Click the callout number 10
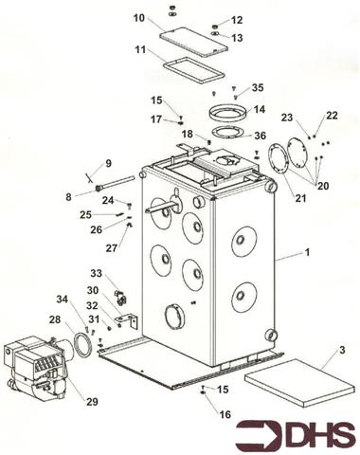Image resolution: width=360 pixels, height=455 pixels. click(139, 18)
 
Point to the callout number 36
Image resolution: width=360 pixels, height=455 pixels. click(260, 136)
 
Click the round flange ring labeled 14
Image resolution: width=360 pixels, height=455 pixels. click(225, 112)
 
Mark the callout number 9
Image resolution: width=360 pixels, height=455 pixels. click(108, 163)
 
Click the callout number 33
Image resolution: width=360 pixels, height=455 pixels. click(96, 273)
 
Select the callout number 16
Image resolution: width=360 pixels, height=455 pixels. click(224, 414)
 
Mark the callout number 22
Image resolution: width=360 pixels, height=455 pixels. click(332, 115)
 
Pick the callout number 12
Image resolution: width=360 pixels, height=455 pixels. click(237, 20)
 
